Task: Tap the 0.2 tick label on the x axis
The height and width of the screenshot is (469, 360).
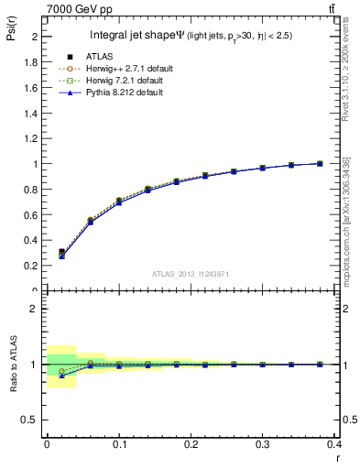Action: (x=191, y=444)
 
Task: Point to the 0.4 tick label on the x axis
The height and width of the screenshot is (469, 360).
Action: (x=334, y=444)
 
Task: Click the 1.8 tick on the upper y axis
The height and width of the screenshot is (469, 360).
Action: (x=35, y=62)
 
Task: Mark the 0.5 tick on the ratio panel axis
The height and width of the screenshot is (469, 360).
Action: (x=35, y=420)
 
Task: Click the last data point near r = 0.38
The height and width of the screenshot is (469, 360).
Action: (x=320, y=163)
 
